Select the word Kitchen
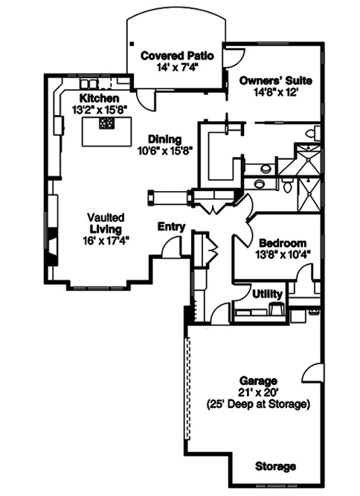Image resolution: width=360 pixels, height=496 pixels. pos(100,98)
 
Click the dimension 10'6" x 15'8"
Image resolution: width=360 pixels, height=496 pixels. pos(164,149)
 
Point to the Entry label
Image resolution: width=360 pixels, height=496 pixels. pos(170,226)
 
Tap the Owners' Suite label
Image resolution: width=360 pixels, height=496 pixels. pos(275,80)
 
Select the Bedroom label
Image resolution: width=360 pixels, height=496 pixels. pos(283,243)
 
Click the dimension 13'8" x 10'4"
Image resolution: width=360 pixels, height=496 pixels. pos(283,255)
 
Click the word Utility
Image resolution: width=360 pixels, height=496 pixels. pos(268,294)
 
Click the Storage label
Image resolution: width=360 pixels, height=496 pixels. pos(275,466)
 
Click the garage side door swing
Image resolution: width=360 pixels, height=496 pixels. pos(314,373)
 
